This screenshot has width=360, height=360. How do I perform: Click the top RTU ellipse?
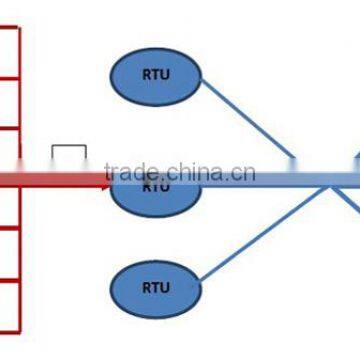(x=155, y=74)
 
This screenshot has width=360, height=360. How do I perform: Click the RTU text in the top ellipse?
(x=155, y=74)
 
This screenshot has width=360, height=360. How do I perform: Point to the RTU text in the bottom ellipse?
(x=155, y=287)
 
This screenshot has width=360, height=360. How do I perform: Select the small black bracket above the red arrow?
(x=69, y=151)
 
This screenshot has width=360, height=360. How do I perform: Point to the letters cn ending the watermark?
(x=245, y=172)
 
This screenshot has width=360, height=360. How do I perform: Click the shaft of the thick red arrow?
(x=50, y=179)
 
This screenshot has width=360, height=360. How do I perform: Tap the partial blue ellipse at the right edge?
(x=356, y=160)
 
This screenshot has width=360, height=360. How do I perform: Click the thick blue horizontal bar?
(x=280, y=179)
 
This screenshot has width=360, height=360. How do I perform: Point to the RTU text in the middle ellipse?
(x=155, y=186)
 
